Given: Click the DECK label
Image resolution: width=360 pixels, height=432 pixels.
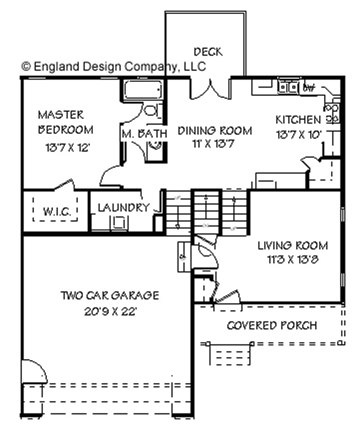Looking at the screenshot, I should point(208,52).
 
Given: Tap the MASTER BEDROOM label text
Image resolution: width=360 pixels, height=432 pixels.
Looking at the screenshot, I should point(66,122).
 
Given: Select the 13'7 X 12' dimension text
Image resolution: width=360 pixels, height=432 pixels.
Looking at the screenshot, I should point(68,147).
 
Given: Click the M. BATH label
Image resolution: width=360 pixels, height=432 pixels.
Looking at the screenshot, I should point(144,134).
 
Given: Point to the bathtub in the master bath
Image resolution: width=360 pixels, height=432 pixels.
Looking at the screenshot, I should point(143,91).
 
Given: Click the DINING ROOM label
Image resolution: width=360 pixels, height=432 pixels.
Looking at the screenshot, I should point(215,131).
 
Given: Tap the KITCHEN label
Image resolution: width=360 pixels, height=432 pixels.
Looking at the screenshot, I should point(298,120).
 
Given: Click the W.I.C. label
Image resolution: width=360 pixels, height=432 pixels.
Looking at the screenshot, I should point(56,211).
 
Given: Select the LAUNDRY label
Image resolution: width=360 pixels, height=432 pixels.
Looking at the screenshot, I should point(123,207).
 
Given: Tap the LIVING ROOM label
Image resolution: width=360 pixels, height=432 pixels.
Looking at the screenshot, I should point(292,246).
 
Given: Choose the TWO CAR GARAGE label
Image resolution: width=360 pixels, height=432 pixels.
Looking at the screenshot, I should point(110,296).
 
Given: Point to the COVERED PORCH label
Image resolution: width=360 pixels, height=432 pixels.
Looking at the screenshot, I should point(271,325).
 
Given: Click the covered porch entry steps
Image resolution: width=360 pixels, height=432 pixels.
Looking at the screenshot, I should point(229,354).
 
